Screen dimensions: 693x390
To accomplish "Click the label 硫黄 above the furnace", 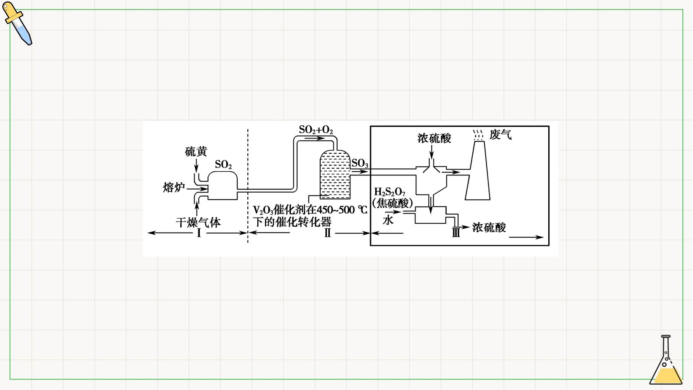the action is coord(196,151).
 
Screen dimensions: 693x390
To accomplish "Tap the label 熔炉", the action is coord(174,187).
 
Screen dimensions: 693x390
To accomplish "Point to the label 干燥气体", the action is coord(198,223).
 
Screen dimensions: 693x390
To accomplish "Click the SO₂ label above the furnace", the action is coord(223,164).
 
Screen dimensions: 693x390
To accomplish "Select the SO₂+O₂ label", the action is coord(316,130).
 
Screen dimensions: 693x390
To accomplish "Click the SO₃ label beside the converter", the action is coord(360,163).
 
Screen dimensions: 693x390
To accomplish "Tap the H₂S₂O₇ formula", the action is coord(390,192).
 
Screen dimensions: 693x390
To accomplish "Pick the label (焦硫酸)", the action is coord(393,203).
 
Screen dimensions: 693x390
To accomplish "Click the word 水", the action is coord(388,220).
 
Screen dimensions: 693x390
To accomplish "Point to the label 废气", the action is coord(500,135).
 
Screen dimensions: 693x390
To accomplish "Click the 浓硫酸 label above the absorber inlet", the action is coord(434,138).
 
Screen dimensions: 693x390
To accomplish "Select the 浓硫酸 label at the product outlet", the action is coord(489,227).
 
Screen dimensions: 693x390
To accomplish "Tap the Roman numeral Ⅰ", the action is coord(199,233).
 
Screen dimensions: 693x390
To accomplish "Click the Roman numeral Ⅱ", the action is coord(327,233).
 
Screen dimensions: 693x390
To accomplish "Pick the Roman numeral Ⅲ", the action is coord(456,232).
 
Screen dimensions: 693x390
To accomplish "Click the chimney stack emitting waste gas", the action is coord(478,170).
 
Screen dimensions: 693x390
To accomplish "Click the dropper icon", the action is coord(17,23).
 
